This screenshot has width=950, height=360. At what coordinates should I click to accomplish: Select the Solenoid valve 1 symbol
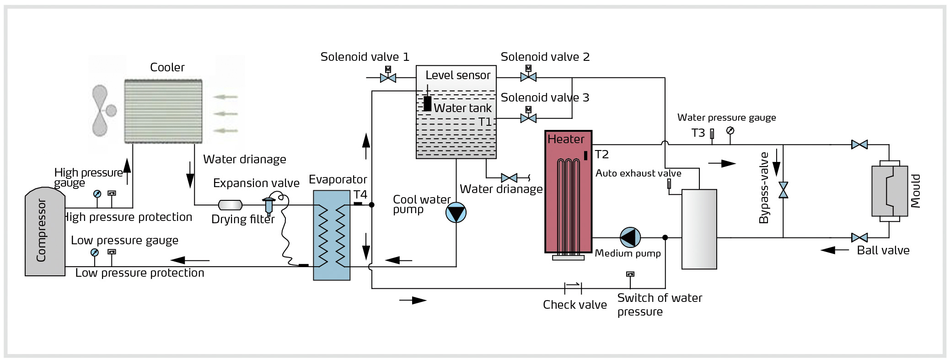[388, 77]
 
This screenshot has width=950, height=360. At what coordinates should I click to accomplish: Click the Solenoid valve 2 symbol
[528, 77]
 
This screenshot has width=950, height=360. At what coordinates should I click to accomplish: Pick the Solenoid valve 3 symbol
[528, 118]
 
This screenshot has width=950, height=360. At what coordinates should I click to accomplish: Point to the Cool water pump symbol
[456, 213]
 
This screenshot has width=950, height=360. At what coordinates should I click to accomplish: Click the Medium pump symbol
[630, 237]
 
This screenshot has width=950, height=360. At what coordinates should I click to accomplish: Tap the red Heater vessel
[569, 192]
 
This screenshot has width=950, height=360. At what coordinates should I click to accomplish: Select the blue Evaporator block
[332, 235]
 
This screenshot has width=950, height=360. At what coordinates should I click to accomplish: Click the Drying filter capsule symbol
[231, 205]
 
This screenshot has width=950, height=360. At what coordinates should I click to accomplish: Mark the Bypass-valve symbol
[783, 190]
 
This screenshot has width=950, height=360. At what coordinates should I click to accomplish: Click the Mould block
[890, 191]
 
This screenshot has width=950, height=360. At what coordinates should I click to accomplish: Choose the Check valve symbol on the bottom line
[573, 288]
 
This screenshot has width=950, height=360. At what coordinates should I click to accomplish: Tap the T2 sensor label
[602, 155]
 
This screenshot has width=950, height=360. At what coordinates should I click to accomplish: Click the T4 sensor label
[360, 195]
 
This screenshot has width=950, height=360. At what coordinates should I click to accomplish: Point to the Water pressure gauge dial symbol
[730, 131]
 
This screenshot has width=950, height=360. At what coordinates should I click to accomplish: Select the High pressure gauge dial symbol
[97, 193]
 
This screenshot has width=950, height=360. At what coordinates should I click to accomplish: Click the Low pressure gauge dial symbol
[94, 253]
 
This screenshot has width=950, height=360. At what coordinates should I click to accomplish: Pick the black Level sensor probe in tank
[427, 103]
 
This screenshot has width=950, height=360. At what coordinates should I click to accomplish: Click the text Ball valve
[883, 251]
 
